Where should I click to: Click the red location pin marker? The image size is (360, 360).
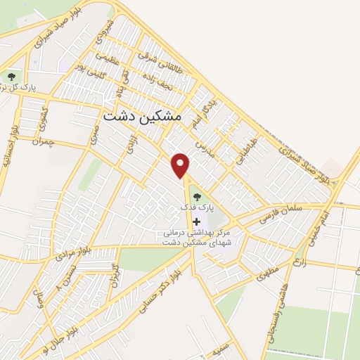tap(181, 165)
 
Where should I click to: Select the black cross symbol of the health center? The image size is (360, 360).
tap(196, 222)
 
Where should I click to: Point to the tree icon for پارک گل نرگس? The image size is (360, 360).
tap(11, 76)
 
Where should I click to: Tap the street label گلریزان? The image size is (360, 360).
tap(112, 277)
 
